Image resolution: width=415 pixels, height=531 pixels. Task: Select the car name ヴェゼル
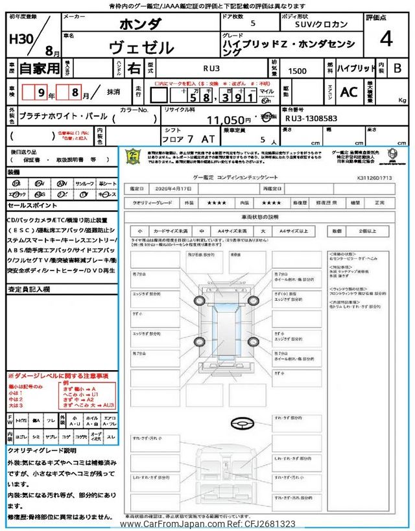click(x=142, y=47)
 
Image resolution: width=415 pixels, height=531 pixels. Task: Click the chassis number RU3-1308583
click(x=311, y=119)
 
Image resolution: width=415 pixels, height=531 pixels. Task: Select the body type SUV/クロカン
click(x=316, y=24)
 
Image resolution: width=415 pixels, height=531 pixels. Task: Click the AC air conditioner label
click(x=349, y=92)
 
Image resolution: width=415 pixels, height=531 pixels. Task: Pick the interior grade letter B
click(x=397, y=67)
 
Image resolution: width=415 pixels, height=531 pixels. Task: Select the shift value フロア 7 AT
click(x=180, y=139)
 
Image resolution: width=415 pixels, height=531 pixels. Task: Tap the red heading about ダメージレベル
click(x=58, y=375)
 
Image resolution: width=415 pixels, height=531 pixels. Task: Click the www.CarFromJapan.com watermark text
click(x=207, y=524)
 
